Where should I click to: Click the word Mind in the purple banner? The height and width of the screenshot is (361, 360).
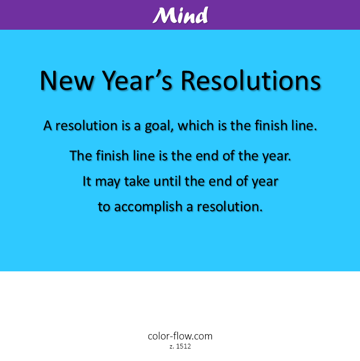[x=180, y=15]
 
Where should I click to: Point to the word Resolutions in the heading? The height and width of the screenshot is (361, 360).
[x=250, y=80]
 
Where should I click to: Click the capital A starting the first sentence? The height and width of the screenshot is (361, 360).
[x=47, y=126]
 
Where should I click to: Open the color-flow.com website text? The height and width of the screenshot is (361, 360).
[x=180, y=336]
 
